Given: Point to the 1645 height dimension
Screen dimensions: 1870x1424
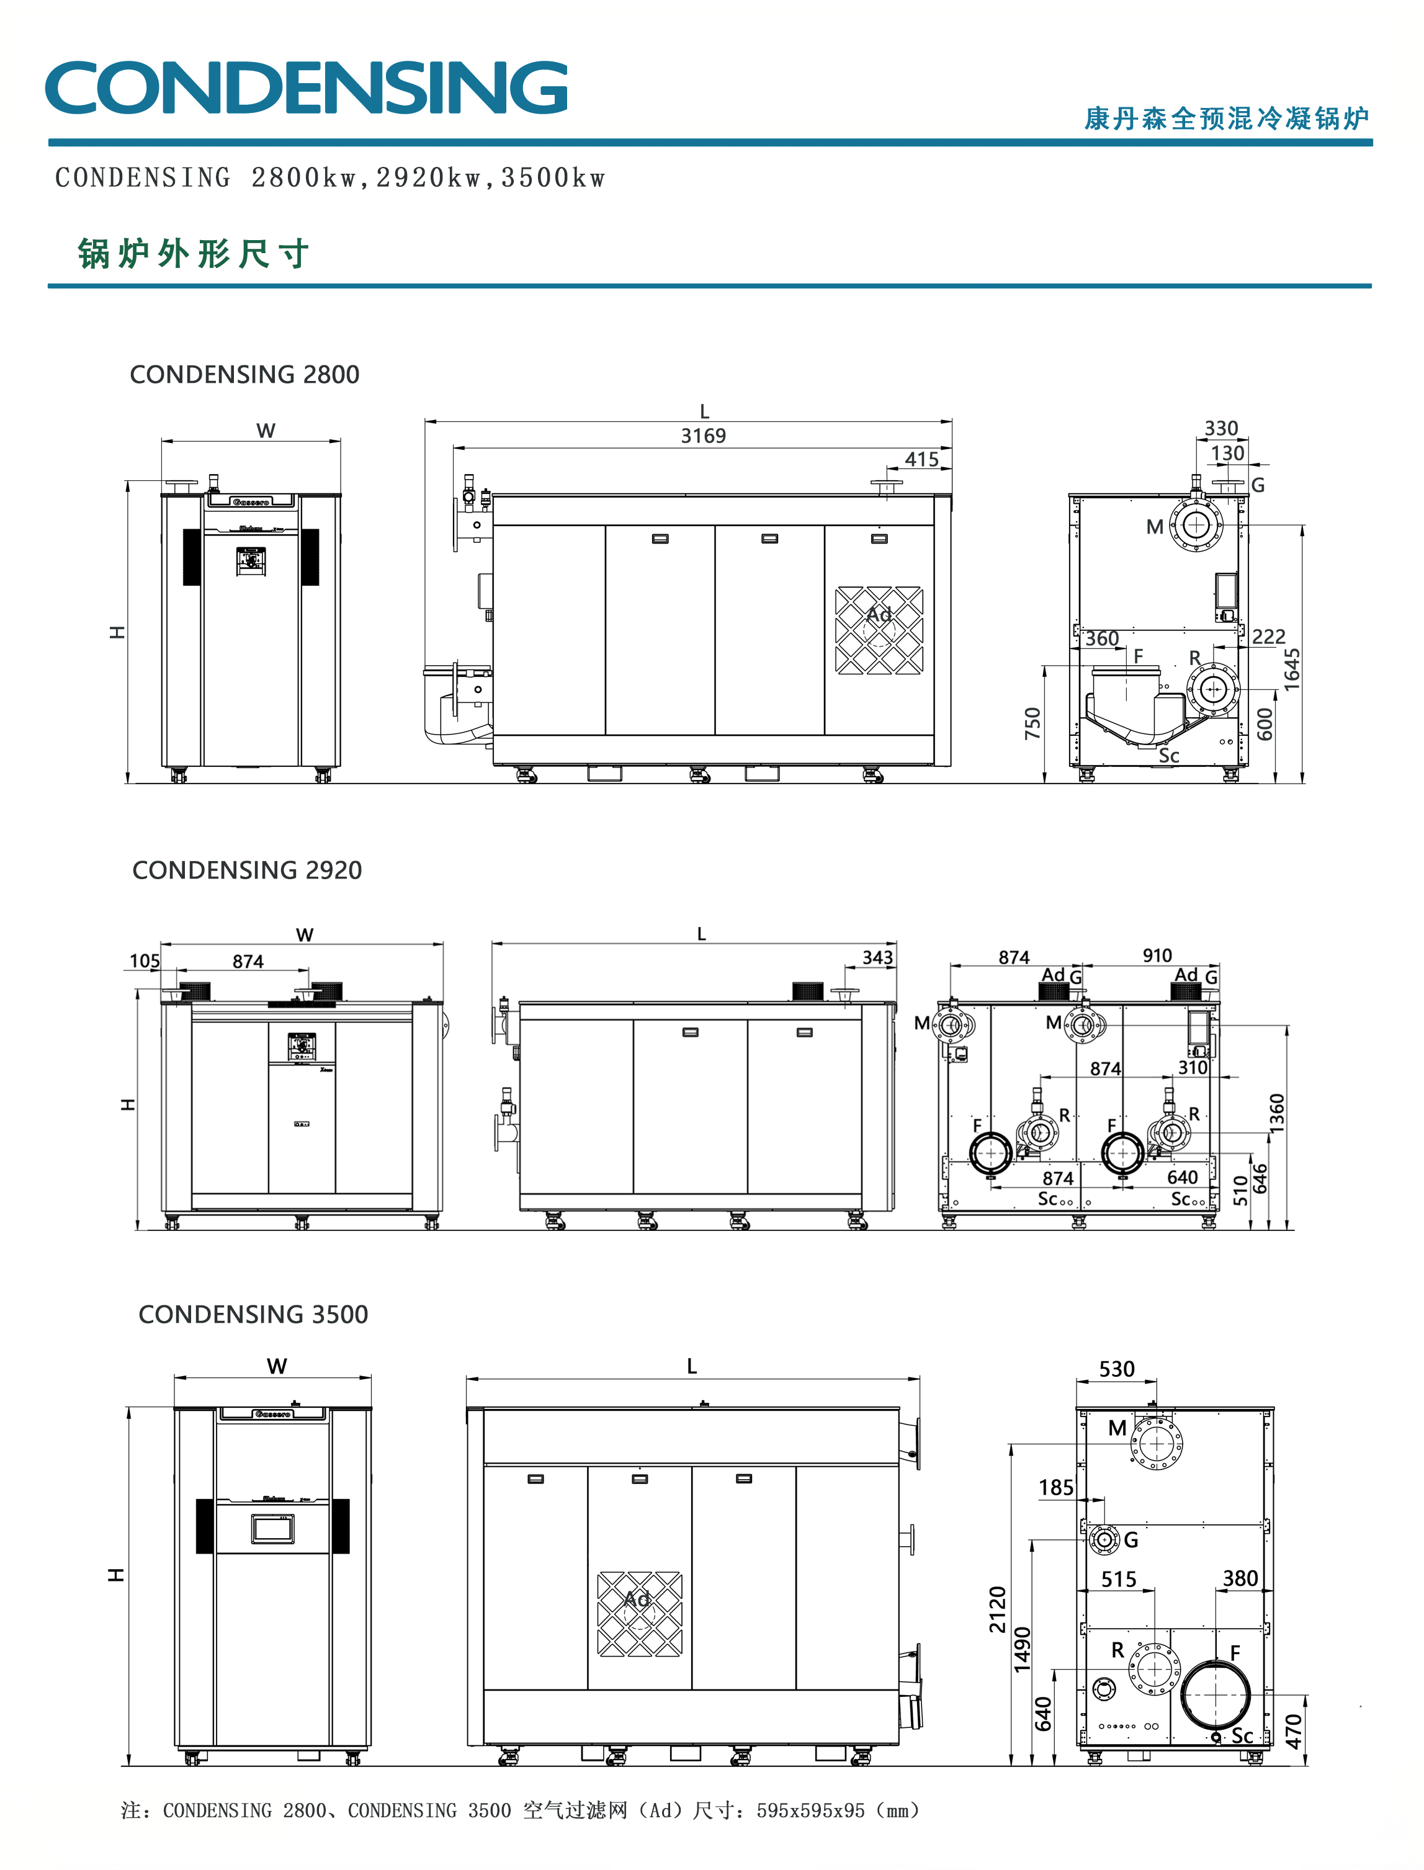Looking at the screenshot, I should coord(1291,669).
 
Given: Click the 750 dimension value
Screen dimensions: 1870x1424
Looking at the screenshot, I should coord(1032,723).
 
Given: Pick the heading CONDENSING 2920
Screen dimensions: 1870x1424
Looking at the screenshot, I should coord(247,870).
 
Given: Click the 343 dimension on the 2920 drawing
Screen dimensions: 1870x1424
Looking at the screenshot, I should coord(877,957).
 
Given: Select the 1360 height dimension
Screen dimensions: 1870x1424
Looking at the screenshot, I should coord(1276,1113).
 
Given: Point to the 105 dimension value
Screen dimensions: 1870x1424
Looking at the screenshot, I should coord(144,960).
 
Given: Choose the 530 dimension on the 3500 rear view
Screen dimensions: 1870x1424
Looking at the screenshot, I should coord(1116,1369).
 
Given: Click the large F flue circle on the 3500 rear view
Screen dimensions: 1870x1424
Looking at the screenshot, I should coord(1216,1694).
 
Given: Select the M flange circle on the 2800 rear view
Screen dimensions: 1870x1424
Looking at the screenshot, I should coord(1196,525).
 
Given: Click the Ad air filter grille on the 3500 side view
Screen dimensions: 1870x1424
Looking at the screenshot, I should coord(639,1614).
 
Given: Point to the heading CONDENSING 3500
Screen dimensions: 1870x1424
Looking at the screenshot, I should coord(253,1314).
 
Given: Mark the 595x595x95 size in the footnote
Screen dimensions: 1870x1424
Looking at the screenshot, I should coord(810,1810).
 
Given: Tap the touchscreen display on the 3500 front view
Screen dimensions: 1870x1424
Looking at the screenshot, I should coord(272,1528).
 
